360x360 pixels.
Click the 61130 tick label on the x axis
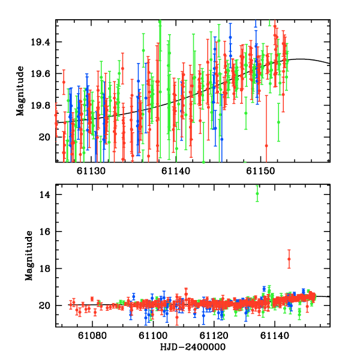(91, 171)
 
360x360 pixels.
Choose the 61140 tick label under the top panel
(176, 171)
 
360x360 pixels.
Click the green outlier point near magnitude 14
(257, 193)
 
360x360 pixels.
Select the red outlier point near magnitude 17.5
(289, 259)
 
